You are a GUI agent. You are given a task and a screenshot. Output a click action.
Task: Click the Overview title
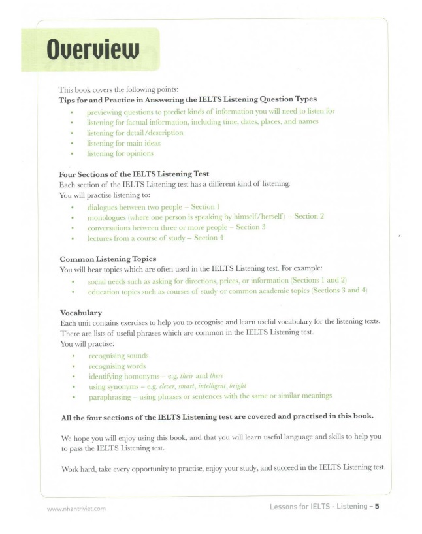[x=93, y=50]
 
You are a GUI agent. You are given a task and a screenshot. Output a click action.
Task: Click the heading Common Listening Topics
[x=108, y=259]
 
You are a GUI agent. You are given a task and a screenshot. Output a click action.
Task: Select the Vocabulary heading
[x=80, y=312]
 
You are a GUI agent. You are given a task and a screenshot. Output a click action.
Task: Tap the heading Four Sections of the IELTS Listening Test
[x=134, y=174]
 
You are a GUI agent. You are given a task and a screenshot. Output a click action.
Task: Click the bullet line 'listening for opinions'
[x=120, y=153]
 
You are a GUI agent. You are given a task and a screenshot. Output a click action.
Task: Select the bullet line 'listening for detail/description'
[x=135, y=133]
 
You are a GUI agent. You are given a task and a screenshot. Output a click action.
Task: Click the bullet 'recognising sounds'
[x=118, y=356]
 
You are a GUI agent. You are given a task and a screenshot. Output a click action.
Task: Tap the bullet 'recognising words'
[x=117, y=366]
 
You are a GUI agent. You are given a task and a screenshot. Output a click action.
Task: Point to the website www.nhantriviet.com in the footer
[x=76, y=509]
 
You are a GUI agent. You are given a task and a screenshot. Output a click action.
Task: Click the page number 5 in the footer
[x=378, y=507]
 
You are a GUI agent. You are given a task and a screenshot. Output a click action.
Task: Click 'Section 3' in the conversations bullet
[x=251, y=227]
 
